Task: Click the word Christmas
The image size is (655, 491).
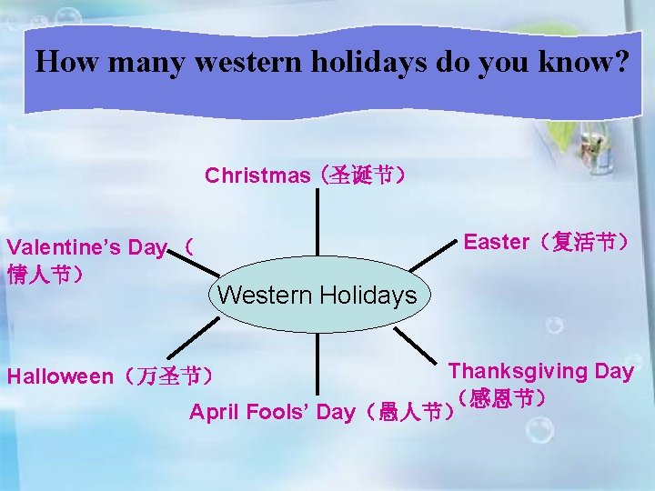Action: (x=257, y=175)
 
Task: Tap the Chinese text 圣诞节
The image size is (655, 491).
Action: (x=359, y=175)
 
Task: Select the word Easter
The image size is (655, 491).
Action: (x=496, y=242)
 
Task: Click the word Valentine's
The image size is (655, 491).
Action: (x=60, y=247)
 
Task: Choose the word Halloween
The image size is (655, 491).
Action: (x=60, y=376)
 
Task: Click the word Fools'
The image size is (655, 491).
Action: (x=279, y=413)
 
